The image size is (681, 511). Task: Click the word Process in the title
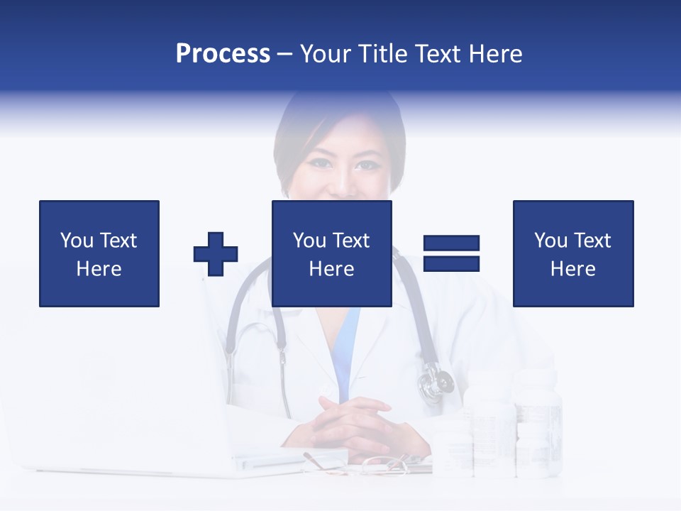223,53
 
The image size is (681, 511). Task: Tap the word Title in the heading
384,53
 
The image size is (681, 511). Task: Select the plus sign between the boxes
216,253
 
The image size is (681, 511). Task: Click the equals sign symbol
451,253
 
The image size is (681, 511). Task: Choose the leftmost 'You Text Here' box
99,253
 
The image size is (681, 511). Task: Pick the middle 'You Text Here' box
331,253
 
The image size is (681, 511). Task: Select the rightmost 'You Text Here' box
572,253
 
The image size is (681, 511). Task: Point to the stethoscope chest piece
434,384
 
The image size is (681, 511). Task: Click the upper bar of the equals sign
451,243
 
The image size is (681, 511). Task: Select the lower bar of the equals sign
451,263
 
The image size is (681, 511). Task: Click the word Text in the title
438,53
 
